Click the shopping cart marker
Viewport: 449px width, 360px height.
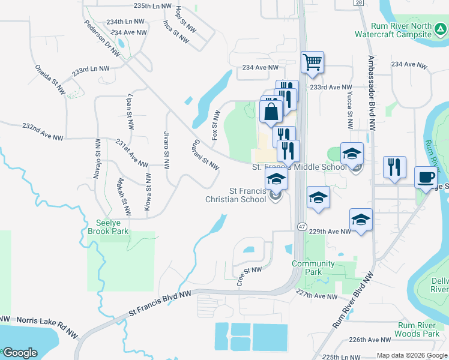coord(312,62)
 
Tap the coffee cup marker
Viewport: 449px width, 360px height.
coord(426,177)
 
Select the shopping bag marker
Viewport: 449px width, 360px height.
coord(271,111)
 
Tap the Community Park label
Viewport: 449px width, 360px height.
coord(313,268)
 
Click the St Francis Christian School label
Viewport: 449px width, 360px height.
coord(235,195)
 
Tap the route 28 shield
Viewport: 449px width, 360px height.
coord(358,3)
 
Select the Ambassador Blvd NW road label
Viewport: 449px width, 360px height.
coord(371,93)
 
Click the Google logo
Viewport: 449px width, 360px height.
coord(20,353)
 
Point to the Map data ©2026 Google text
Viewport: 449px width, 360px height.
coord(411,355)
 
